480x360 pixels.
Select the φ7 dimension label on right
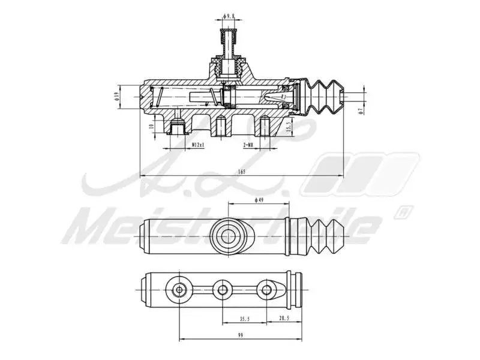[361, 110]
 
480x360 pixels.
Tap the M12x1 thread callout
[199, 145]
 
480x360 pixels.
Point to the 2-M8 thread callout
[248, 145]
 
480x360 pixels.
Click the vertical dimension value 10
[151, 127]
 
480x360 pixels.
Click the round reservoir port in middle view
[230, 235]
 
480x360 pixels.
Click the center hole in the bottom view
[223, 290]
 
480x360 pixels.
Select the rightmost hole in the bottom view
[266, 290]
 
